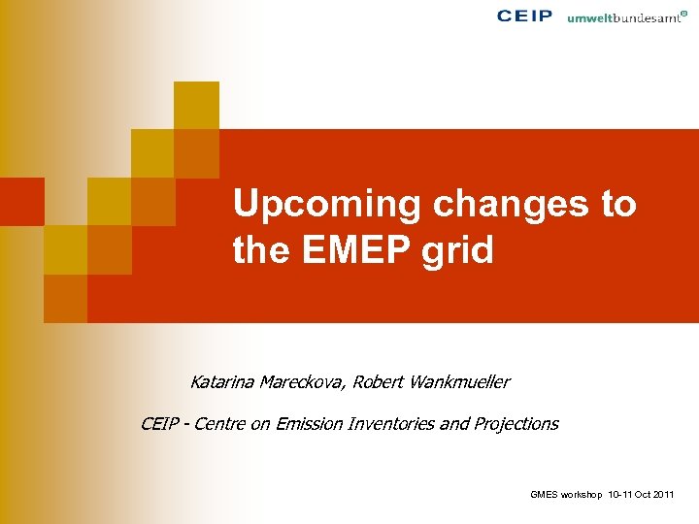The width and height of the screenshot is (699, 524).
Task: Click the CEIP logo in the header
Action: click(524, 16)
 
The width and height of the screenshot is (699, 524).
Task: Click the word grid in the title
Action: click(461, 251)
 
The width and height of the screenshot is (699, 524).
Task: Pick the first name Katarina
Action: click(220, 382)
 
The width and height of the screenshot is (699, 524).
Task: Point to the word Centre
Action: click(222, 424)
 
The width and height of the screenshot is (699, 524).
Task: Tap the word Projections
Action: click(516, 424)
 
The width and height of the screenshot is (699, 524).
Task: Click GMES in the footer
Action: click(544, 495)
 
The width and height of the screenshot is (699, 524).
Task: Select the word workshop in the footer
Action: click(581, 495)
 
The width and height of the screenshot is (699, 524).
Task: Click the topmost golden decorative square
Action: click(196, 105)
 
